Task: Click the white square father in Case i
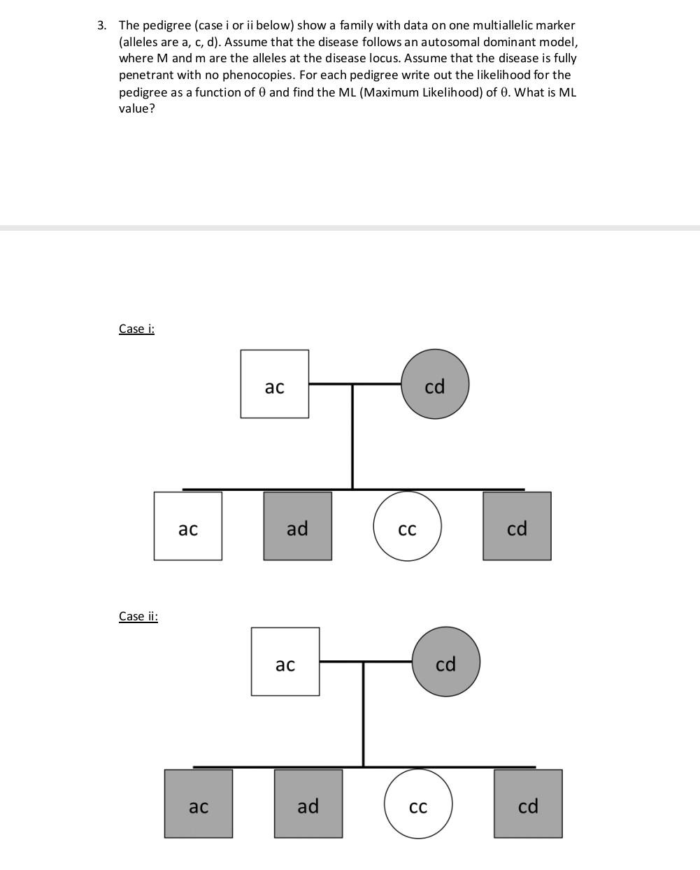click(x=274, y=384)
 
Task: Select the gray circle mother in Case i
click(x=434, y=385)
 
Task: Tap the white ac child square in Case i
click(x=188, y=526)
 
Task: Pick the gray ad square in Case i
click(x=297, y=526)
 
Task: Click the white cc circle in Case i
click(x=407, y=526)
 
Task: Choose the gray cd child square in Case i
click(x=517, y=526)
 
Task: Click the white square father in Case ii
click(x=285, y=662)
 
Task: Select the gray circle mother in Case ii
click(x=445, y=662)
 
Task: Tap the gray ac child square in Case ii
click(x=199, y=804)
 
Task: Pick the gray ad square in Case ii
click(x=308, y=804)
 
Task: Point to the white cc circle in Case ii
click(x=418, y=804)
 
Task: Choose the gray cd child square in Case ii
click(x=528, y=804)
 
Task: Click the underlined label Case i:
click(x=136, y=328)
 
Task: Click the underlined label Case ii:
click(x=138, y=616)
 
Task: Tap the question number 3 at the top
click(x=102, y=25)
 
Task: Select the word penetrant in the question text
click(x=143, y=75)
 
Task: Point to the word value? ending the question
click(x=136, y=108)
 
